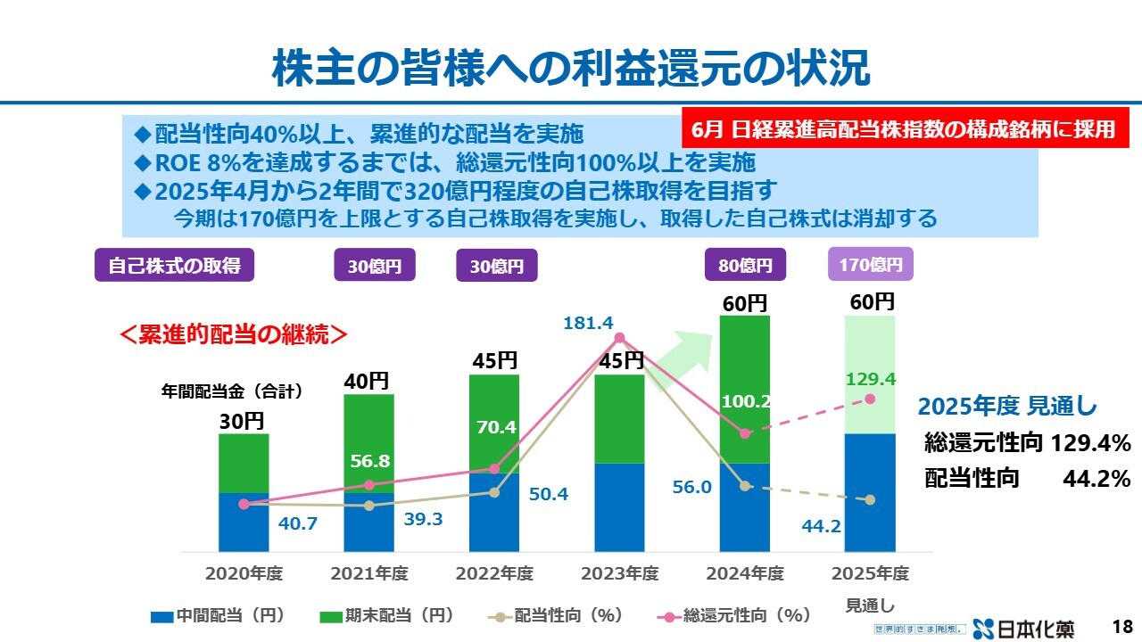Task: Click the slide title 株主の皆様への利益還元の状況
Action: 570,67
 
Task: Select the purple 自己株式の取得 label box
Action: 175,265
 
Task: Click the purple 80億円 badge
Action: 745,265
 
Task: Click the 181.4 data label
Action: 587,323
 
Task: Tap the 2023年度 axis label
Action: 619,572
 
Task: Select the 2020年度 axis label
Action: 244,572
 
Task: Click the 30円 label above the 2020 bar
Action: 243,421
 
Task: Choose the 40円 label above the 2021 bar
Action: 368,381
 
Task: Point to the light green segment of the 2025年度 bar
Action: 870,374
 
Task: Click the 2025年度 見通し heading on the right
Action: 1007,407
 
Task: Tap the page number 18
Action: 1122,626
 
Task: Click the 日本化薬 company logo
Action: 1025,628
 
